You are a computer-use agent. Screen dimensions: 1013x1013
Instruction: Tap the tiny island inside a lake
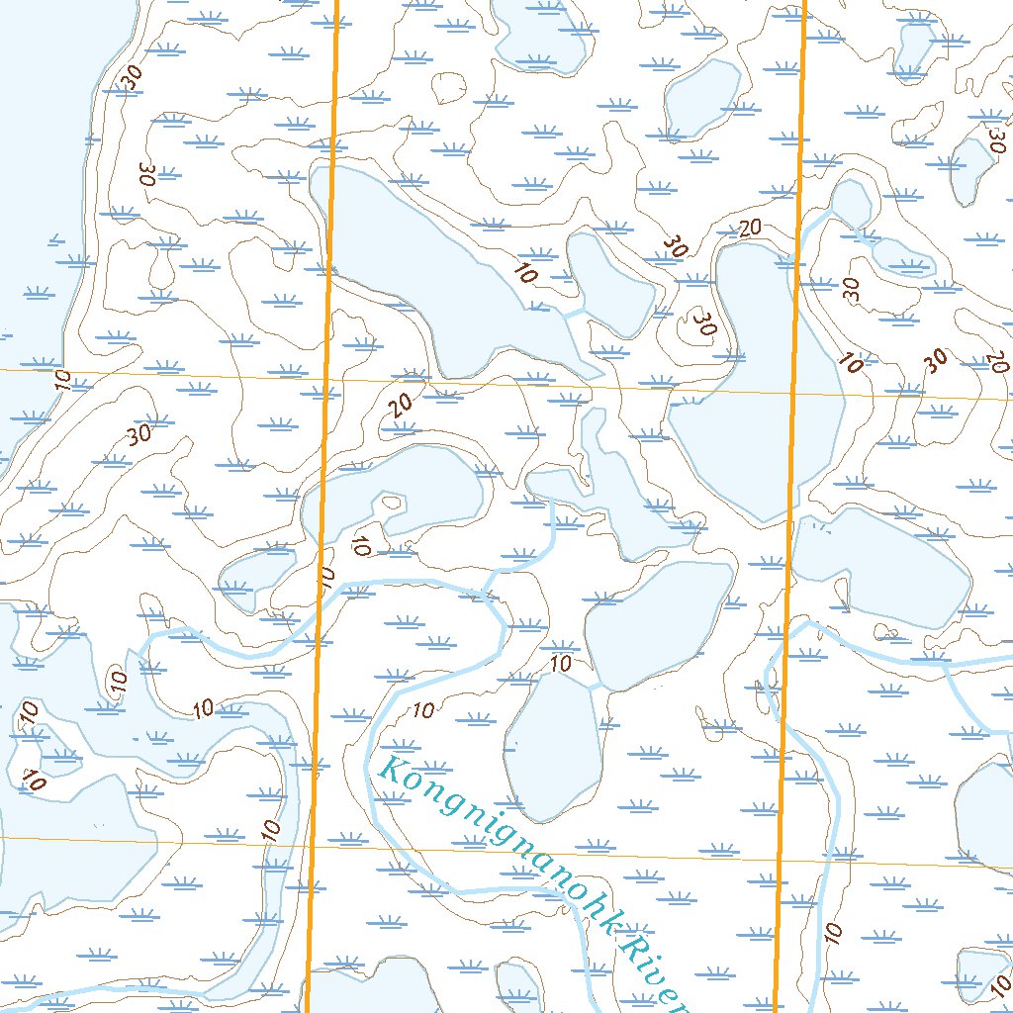tap(393, 502)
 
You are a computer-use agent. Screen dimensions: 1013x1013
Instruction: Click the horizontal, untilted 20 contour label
tap(750, 228)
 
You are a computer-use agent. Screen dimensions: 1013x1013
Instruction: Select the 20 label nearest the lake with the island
tap(400, 404)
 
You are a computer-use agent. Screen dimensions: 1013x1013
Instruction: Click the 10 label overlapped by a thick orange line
tap(326, 576)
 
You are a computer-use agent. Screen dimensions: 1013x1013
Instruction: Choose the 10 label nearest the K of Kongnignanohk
tap(422, 709)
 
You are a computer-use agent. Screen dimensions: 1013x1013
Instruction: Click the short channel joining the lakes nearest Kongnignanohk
tap(596, 685)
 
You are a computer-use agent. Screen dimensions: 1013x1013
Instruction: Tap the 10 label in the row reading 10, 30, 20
tap(849, 362)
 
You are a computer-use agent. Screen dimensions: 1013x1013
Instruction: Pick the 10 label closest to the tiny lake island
tap(361, 544)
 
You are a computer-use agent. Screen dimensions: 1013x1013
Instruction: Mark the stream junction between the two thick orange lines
tap(484, 595)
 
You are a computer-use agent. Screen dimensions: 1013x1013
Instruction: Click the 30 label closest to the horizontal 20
tap(677, 245)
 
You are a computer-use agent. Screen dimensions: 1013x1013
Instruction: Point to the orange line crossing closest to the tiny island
tap(326, 380)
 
